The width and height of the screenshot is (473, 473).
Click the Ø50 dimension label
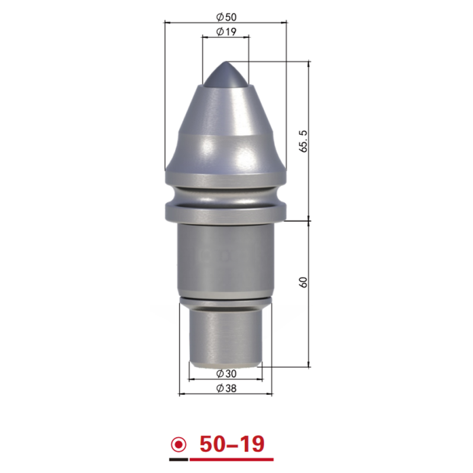(226, 17)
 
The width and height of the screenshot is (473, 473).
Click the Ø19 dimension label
(226, 31)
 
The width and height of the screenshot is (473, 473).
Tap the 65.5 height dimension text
(303, 141)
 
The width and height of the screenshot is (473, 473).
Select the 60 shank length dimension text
(303, 282)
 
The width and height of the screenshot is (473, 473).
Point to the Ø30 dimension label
(226, 374)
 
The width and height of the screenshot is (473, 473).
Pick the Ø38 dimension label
(226, 388)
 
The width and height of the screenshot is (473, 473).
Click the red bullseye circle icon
(179, 445)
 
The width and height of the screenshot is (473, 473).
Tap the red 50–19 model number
(232, 444)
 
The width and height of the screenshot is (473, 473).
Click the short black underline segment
(179, 459)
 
